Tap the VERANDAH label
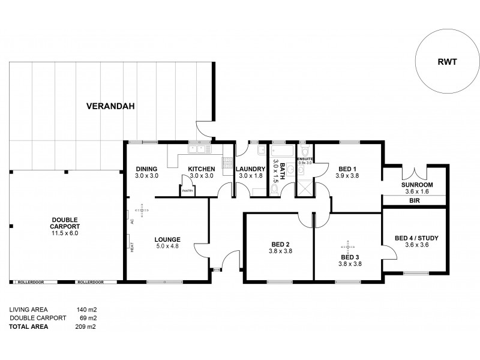pos(110,107)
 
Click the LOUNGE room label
pos(167,239)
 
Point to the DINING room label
pos(146,169)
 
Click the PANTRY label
pos(188,191)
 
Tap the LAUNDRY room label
pos(250,169)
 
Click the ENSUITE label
pos(305,158)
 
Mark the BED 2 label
pos(280,244)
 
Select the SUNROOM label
pos(418,185)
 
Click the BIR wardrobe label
pos(414,202)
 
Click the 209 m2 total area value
pos(86,327)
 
